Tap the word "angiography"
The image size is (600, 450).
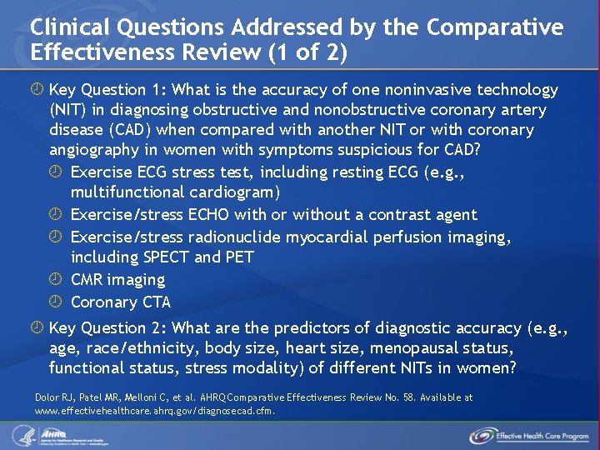[92, 150]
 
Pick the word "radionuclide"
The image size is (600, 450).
[234, 237]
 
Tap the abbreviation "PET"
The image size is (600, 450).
[237, 257]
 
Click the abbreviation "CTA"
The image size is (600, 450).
[156, 302]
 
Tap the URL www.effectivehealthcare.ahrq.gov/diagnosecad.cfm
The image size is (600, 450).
[153, 410]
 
